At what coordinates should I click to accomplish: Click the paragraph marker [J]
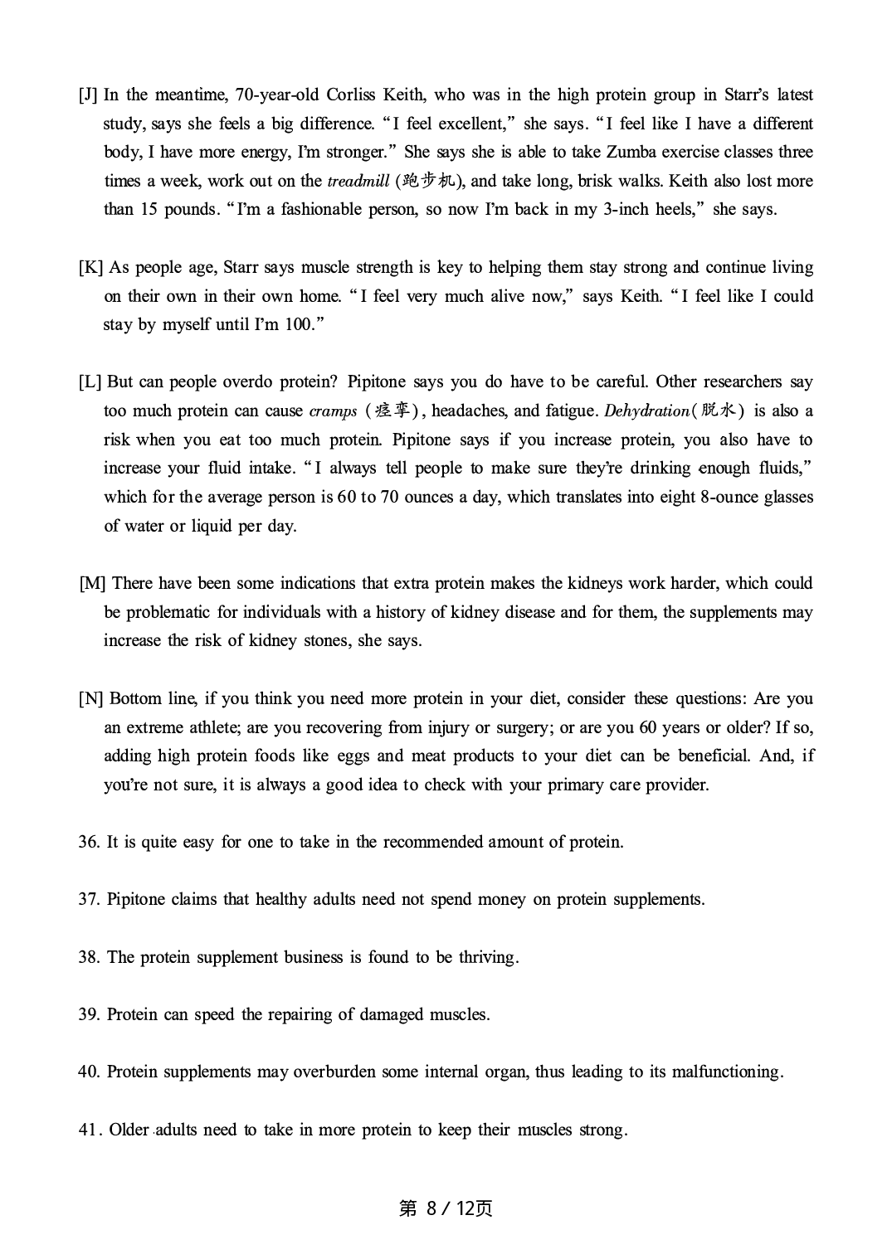(x=88, y=95)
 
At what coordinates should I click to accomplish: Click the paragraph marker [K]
(x=90, y=268)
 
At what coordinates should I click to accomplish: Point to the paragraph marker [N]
(x=90, y=698)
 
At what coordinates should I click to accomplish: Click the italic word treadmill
(x=358, y=182)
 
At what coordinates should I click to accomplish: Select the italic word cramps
(x=333, y=411)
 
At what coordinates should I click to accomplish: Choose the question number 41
(x=89, y=1130)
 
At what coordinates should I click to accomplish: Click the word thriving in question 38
(x=488, y=958)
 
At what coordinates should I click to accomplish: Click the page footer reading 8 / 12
(x=446, y=1208)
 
